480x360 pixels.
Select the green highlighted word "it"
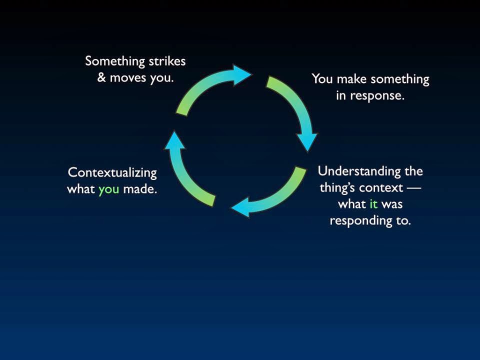click(x=373, y=204)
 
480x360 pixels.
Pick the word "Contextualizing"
click(x=112, y=173)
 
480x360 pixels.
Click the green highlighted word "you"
click(x=108, y=189)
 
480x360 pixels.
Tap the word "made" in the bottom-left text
click(x=140, y=189)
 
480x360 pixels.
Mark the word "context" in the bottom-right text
click(x=383, y=188)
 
